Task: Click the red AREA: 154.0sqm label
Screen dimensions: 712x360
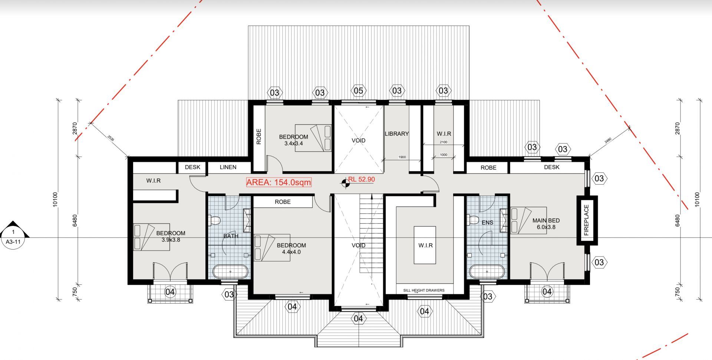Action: (x=279, y=182)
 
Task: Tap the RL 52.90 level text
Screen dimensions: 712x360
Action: (x=362, y=179)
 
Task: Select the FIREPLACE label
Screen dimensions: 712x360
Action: (x=586, y=220)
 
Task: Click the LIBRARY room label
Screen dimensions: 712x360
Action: (x=396, y=134)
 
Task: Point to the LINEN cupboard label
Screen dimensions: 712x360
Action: (x=228, y=167)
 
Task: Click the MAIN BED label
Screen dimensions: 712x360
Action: (x=546, y=220)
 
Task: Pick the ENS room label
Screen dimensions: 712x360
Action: (x=487, y=222)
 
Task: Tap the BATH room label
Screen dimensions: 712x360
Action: (x=231, y=236)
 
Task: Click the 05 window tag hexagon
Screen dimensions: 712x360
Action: (x=358, y=91)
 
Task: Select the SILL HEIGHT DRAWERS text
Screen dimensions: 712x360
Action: (x=424, y=290)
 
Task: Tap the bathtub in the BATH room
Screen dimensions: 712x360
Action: (x=230, y=272)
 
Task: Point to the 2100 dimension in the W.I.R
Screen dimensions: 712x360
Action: (x=444, y=142)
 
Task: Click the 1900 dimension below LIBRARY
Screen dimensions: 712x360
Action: (x=402, y=157)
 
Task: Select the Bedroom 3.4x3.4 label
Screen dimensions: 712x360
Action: (x=294, y=140)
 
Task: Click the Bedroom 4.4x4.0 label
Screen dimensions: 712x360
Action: (x=291, y=248)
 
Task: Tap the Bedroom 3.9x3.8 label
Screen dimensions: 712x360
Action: (x=171, y=236)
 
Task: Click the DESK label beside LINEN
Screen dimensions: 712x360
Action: (x=192, y=167)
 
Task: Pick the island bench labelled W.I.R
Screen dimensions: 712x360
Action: (x=425, y=245)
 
